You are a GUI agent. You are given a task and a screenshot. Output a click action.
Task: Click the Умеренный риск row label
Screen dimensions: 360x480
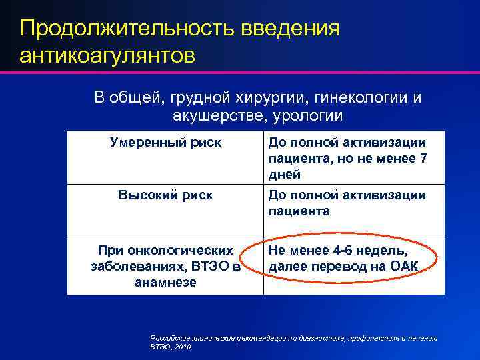[165, 142]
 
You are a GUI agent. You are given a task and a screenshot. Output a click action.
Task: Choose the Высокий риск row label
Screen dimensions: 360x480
[165, 195]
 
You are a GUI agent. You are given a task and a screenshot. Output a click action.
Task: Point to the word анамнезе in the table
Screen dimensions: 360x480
[165, 282]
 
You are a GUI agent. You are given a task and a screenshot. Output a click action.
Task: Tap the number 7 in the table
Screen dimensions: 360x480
[421, 158]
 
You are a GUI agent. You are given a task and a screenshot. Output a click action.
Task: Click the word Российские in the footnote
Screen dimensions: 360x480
[171, 339]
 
